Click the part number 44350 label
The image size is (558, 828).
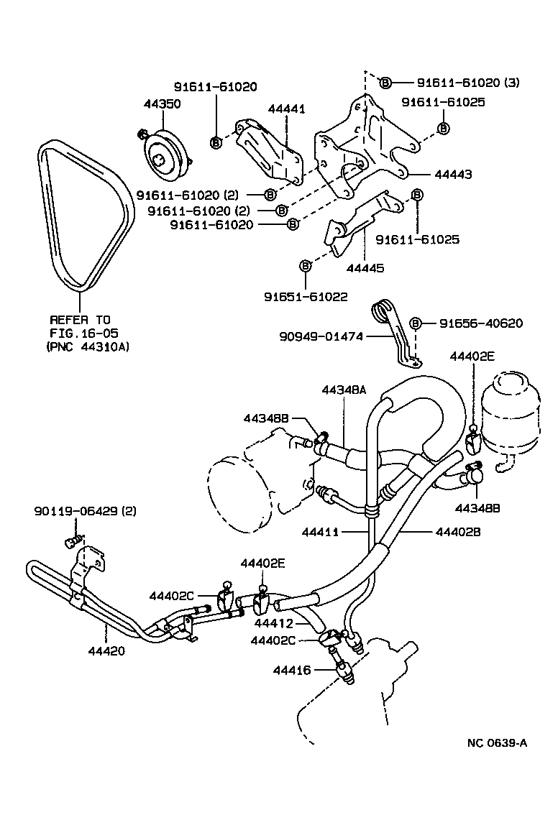point(162,103)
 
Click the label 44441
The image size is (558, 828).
point(286,109)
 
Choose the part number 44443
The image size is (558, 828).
point(453,175)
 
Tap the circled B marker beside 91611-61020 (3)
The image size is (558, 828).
point(385,83)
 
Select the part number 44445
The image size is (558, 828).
point(365,268)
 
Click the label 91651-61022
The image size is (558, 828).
point(305,295)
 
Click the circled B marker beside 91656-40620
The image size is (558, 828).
point(415,323)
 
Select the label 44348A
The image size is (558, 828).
point(344,390)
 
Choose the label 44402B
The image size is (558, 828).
point(459,532)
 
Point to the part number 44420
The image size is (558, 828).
point(107,651)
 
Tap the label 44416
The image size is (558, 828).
point(291,670)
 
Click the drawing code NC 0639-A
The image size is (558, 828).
point(497,742)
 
